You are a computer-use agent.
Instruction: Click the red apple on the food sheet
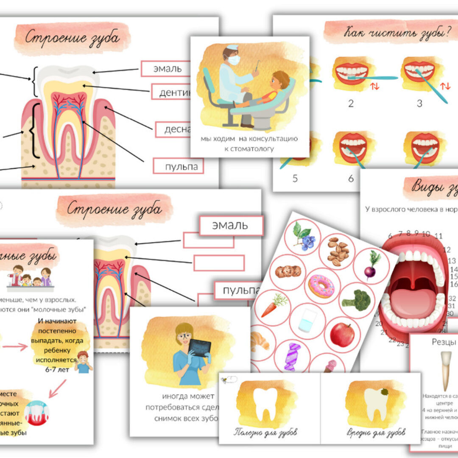[x=342, y=334]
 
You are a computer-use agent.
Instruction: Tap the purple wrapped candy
[x=292, y=357]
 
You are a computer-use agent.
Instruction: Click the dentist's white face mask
[x=234, y=60]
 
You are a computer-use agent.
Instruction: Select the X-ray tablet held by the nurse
[x=199, y=348]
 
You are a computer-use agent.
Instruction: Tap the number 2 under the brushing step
[x=351, y=103]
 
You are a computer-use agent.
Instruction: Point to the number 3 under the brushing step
[x=419, y=103]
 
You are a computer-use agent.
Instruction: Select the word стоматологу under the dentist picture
[x=250, y=149]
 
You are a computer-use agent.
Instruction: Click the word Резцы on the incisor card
[x=444, y=342]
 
